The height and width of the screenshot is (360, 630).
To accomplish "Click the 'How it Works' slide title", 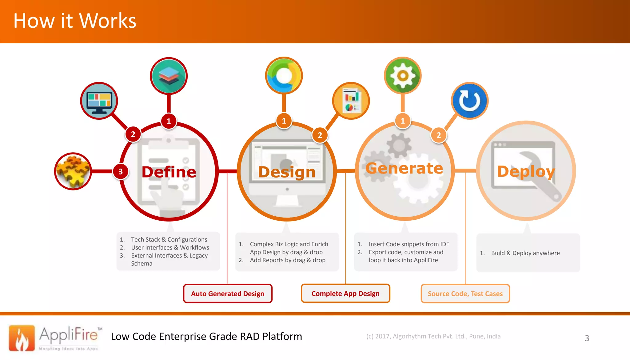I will pyautogui.click(x=75, y=21).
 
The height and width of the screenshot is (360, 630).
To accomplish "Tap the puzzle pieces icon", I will pyautogui.click(x=73, y=171).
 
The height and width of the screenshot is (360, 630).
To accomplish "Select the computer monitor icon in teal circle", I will pyautogui.click(x=99, y=101).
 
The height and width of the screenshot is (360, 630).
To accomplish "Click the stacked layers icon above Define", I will pyautogui.click(x=169, y=76).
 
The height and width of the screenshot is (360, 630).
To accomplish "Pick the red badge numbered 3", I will pyautogui.click(x=121, y=171).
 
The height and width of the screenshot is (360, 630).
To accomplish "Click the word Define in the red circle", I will pyautogui.click(x=169, y=172).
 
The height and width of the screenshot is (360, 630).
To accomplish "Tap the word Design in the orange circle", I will pyautogui.click(x=287, y=172).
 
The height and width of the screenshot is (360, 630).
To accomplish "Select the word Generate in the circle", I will pyautogui.click(x=404, y=168).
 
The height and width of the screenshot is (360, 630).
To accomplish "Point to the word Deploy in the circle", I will pyautogui.click(x=526, y=171).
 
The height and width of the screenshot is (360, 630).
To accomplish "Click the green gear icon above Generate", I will pyautogui.click(x=403, y=75).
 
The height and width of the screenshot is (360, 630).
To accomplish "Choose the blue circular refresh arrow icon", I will pyautogui.click(x=469, y=101).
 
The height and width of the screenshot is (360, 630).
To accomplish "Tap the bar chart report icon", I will pyautogui.click(x=351, y=101).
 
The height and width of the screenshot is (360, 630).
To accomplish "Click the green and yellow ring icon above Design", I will pyautogui.click(x=284, y=75).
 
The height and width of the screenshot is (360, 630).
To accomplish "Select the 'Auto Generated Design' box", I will pyautogui.click(x=228, y=294).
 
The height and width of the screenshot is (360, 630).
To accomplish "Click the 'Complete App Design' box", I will pyautogui.click(x=345, y=294).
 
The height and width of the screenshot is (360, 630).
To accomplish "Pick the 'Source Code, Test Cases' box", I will pyautogui.click(x=465, y=294).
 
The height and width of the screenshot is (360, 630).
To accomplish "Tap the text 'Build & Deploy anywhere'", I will pyautogui.click(x=525, y=253).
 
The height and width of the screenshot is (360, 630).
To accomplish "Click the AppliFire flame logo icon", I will pyautogui.click(x=22, y=338).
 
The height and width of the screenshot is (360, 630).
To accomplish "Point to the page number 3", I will pyautogui.click(x=587, y=338).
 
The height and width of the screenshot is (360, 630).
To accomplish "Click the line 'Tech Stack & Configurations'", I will pyautogui.click(x=169, y=239).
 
